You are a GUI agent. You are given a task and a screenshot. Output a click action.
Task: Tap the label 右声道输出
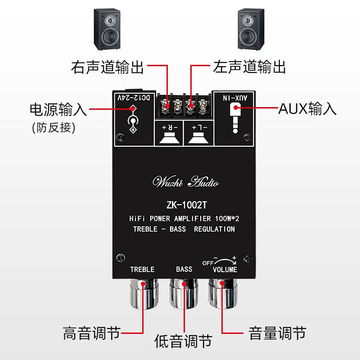108,67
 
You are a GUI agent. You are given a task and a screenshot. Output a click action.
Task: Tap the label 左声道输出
250,67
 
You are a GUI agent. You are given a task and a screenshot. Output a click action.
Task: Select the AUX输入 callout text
308,108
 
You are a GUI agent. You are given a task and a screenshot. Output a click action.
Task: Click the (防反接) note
54,127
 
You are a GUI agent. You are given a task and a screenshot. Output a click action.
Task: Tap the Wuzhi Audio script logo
186,182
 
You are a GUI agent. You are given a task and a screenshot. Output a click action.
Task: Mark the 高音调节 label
92,333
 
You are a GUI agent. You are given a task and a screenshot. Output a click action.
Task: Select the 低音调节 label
183,341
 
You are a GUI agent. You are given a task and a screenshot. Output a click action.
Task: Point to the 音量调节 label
277,333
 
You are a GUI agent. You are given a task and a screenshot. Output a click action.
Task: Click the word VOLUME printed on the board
225,270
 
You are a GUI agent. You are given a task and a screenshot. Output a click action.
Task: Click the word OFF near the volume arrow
208,262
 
